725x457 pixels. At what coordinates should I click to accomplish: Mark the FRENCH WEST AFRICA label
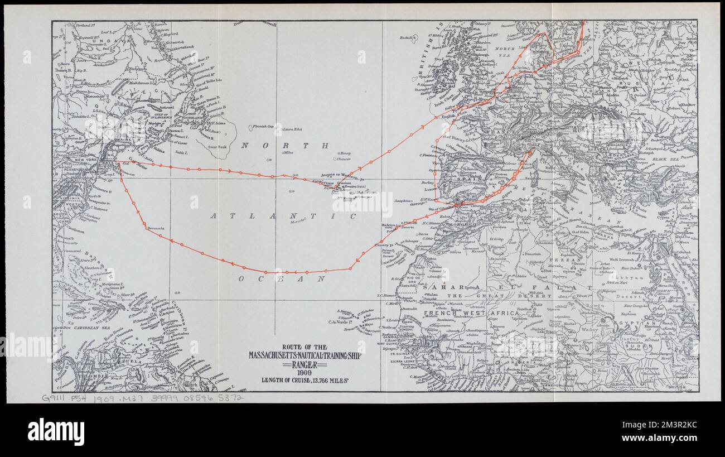471,313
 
